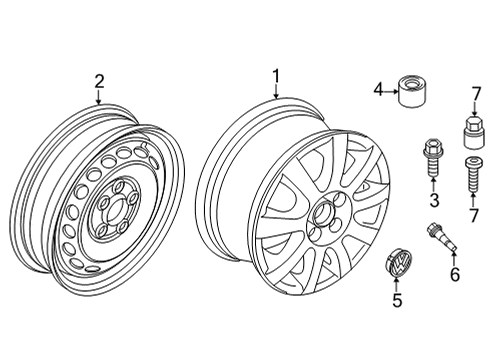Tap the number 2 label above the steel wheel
99,81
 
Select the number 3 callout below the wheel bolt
434,200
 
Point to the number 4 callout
378,90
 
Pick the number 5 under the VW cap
397,300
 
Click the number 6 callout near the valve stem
455,274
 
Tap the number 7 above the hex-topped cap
476,94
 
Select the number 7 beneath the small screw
474,215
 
